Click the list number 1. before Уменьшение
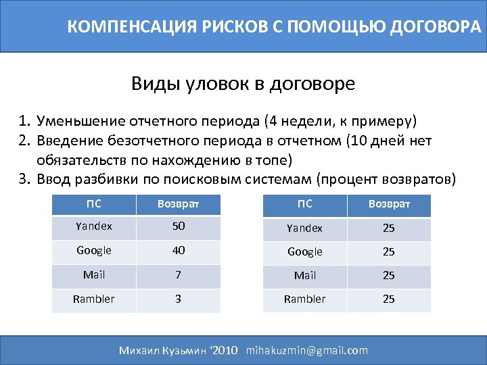25,122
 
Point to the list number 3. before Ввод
25,180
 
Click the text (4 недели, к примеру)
342,122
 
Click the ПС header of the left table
95,203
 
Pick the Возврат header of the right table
389,204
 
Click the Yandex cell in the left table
95,227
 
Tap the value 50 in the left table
178,227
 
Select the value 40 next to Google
178,251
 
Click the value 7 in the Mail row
178,274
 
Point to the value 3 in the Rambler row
178,298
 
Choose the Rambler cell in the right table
305,299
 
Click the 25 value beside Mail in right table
389,275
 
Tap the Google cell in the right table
305,251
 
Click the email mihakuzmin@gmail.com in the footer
307,350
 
